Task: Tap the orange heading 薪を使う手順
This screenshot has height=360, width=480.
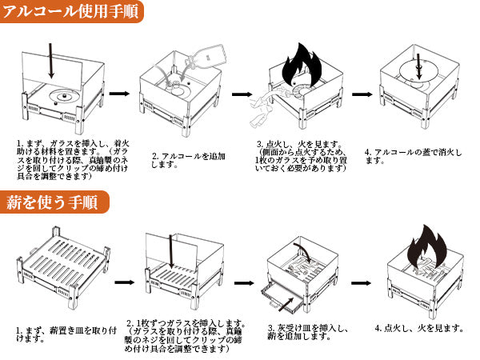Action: point(51,202)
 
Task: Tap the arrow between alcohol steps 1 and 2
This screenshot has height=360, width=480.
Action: point(119,94)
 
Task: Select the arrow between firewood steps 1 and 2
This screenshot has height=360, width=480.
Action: point(123,283)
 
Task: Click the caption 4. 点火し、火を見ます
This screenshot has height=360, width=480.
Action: point(418,328)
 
